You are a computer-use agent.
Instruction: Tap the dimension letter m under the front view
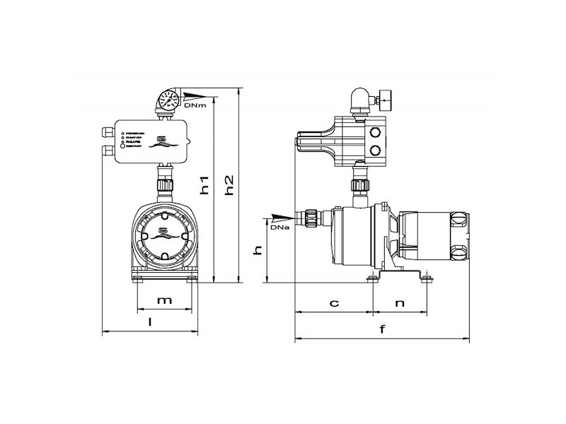tap(164, 300)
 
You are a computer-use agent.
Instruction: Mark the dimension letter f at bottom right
tap(383, 329)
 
